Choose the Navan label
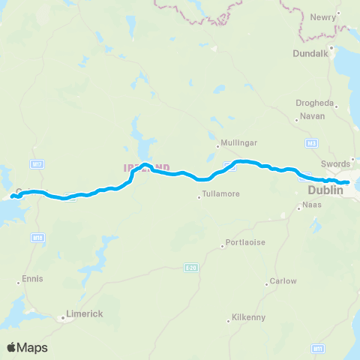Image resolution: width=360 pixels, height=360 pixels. pos(312,116)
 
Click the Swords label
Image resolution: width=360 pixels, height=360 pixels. pos(335,163)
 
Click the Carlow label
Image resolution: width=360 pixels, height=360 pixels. pos(286,281)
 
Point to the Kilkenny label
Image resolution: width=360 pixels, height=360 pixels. pos(248,317)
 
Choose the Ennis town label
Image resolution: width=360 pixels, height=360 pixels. pos(34,279)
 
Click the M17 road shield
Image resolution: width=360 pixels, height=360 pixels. pos(36,162)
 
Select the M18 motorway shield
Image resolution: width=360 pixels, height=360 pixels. pos(37,238)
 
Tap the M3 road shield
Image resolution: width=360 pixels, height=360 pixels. pos(313,142)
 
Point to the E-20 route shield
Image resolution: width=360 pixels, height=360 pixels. pos(191,267)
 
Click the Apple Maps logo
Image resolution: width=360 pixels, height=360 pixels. pos(27,347)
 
